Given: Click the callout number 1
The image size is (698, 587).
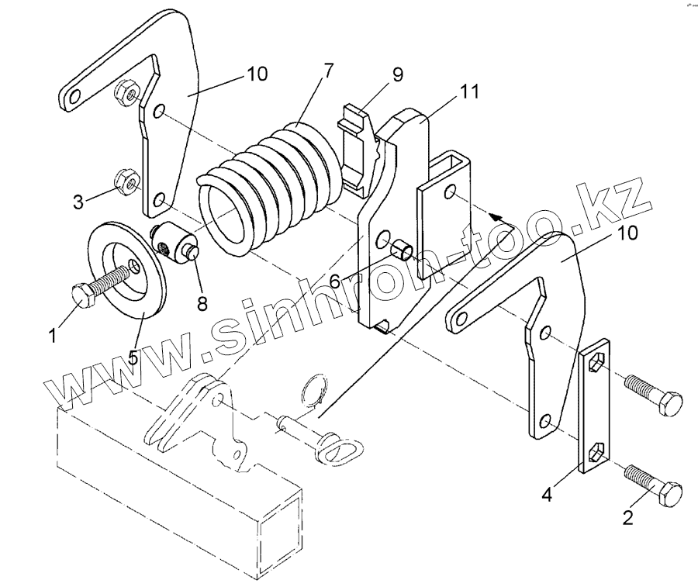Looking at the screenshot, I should pyautogui.click(x=53, y=336).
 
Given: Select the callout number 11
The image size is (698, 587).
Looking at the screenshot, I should pyautogui.click(x=468, y=93).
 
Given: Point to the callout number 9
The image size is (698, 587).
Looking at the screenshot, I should pyautogui.click(x=397, y=75).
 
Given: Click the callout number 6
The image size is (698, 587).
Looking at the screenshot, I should pyautogui.click(x=334, y=280).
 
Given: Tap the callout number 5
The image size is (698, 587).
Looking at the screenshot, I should pyautogui.click(x=133, y=358).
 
